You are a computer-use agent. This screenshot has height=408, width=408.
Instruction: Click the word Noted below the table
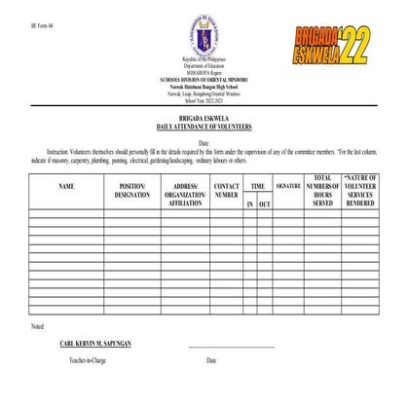38,324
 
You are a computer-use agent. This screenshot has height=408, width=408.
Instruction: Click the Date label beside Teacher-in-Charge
211,360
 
